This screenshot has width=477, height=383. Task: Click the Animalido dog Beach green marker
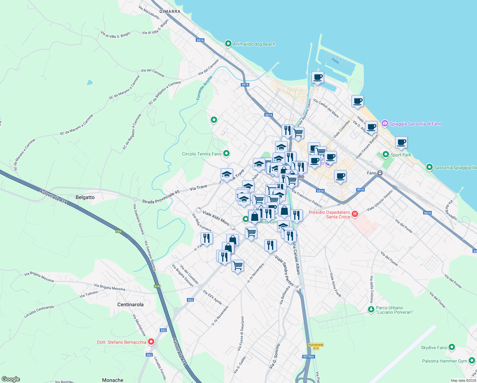point(228,44)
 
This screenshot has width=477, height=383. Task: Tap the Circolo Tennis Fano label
point(202,154)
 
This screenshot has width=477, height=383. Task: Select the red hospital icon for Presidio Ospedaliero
point(355,214)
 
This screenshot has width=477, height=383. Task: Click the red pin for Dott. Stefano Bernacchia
point(151,342)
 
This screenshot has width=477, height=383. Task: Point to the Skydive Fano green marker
point(451,347)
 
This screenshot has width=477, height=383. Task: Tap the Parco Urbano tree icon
point(371,309)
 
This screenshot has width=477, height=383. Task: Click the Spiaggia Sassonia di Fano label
point(415,124)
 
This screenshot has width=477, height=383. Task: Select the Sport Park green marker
point(385,154)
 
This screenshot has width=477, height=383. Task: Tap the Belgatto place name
point(85,197)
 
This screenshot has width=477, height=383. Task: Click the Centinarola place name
point(130,304)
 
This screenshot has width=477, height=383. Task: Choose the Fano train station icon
point(380,173)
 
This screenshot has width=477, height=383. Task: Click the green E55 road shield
point(119,231)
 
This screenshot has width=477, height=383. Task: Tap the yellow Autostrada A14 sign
point(316,346)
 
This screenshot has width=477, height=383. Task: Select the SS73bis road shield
point(309,357)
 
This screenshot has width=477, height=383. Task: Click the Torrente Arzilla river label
point(204,88)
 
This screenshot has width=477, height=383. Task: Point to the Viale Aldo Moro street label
point(216,218)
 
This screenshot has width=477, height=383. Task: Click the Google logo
point(11,379)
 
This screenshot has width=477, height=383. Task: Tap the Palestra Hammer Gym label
point(444,361)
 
